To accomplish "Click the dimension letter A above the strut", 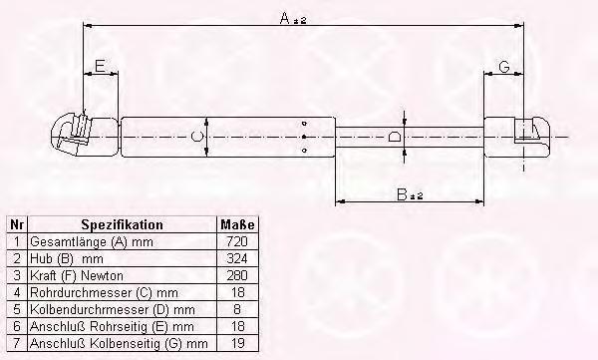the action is pyautogui.click(x=284, y=18).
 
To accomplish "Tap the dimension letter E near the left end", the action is pyautogui.click(x=100, y=66).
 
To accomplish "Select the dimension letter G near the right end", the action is pyautogui.click(x=504, y=67).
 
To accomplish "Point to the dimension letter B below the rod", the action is pyautogui.click(x=402, y=194).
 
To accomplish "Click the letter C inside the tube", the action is pyautogui.click(x=196, y=137).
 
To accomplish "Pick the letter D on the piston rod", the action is pyautogui.click(x=394, y=137).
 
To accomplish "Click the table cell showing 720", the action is pyautogui.click(x=237, y=241).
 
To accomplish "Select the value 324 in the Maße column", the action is pyautogui.click(x=237, y=258).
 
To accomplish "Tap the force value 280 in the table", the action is pyautogui.click(x=237, y=275).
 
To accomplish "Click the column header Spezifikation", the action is pyautogui.click(x=122, y=224).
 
